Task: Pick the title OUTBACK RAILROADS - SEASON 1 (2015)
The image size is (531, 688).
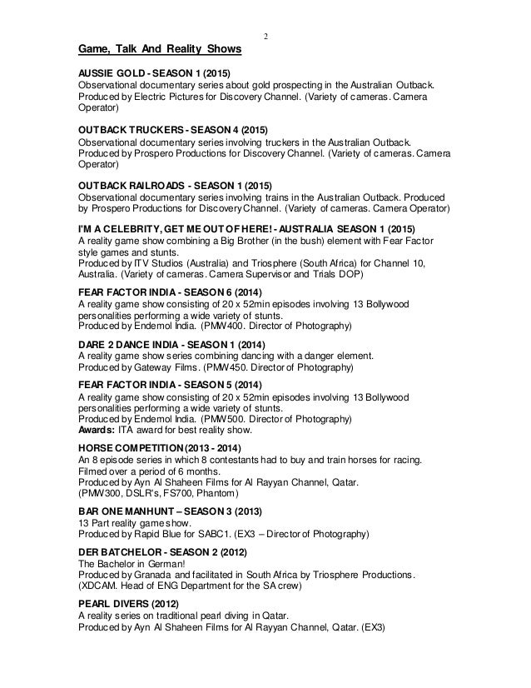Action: pos(176,186)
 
